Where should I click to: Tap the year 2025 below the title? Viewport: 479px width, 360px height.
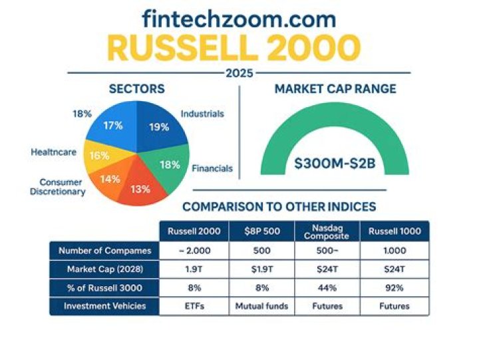pyautogui.click(x=239, y=73)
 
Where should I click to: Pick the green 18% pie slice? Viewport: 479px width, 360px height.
pyautogui.click(x=167, y=164)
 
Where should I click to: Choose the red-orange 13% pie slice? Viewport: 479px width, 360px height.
pyautogui.click(x=140, y=188)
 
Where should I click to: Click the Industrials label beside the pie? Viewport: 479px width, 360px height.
pyautogui.click(x=202, y=114)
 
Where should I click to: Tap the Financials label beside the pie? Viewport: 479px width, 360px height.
pyautogui.click(x=212, y=168)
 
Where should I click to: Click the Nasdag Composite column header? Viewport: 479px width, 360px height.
pyautogui.click(x=327, y=232)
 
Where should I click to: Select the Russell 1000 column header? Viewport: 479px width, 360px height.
pyautogui.click(x=395, y=232)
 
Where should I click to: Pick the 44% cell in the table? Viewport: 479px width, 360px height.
pyautogui.click(x=327, y=287)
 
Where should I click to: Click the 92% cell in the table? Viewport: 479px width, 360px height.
pyautogui.click(x=395, y=287)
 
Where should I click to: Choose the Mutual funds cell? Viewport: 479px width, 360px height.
pyautogui.click(x=261, y=306)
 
